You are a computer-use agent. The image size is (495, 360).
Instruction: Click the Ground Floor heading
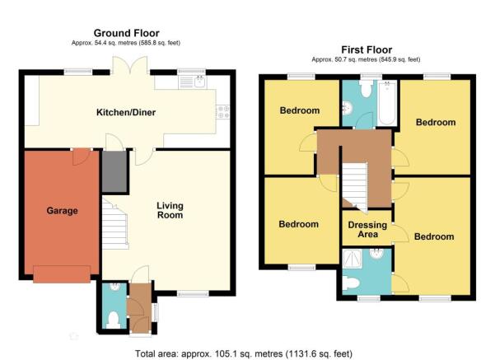126,33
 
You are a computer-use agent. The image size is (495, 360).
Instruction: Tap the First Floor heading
367,50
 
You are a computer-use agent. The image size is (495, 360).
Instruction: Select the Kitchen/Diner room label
126,112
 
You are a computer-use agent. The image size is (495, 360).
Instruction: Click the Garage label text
63,211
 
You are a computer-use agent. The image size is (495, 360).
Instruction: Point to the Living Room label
170,211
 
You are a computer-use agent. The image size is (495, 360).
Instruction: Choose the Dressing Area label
367,230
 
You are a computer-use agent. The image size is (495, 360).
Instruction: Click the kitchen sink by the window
200,82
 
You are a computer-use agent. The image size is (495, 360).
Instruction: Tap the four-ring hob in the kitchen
223,112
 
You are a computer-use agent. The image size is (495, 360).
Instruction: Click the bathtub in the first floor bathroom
387,103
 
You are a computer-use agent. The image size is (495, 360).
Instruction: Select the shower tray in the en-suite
353,259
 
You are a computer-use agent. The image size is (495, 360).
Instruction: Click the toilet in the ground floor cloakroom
114,320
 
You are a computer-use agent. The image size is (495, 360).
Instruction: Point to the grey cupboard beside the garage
114,171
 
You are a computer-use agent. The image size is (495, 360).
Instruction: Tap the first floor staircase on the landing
355,187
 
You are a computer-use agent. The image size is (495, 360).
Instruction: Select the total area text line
244,353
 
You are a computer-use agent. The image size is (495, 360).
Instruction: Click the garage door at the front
62,274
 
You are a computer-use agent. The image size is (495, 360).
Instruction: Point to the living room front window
193,294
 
